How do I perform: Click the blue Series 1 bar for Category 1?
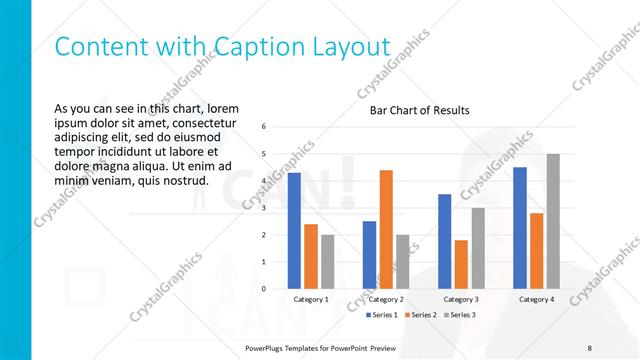click(x=294, y=231)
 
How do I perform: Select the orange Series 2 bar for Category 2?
click(x=386, y=229)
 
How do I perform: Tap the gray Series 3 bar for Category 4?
click(x=553, y=221)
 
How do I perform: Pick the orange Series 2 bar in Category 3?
click(x=461, y=264)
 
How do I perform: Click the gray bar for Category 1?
click(x=327, y=262)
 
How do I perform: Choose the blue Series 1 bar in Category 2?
click(x=369, y=255)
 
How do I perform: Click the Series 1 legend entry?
click(x=380, y=315)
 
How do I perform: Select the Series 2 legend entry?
click(x=419, y=315)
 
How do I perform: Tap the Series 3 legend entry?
click(x=458, y=315)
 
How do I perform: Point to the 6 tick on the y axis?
click(x=263, y=127)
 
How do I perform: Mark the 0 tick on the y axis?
click(x=263, y=289)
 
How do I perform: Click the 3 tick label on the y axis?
click(x=263, y=208)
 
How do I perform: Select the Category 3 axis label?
click(x=461, y=299)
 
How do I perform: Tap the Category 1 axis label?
click(x=311, y=299)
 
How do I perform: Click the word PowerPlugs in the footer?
click(x=267, y=346)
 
